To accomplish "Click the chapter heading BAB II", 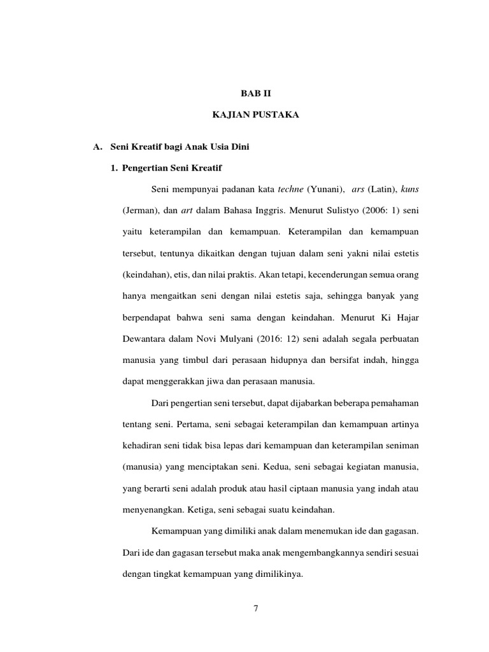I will click(x=255, y=93).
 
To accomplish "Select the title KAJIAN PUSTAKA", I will click(x=255, y=114).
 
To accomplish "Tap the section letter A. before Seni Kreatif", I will click(x=97, y=148).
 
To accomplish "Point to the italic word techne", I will click(x=289, y=189).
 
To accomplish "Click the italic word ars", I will click(x=357, y=189).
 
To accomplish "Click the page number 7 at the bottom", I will click(x=255, y=609).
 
